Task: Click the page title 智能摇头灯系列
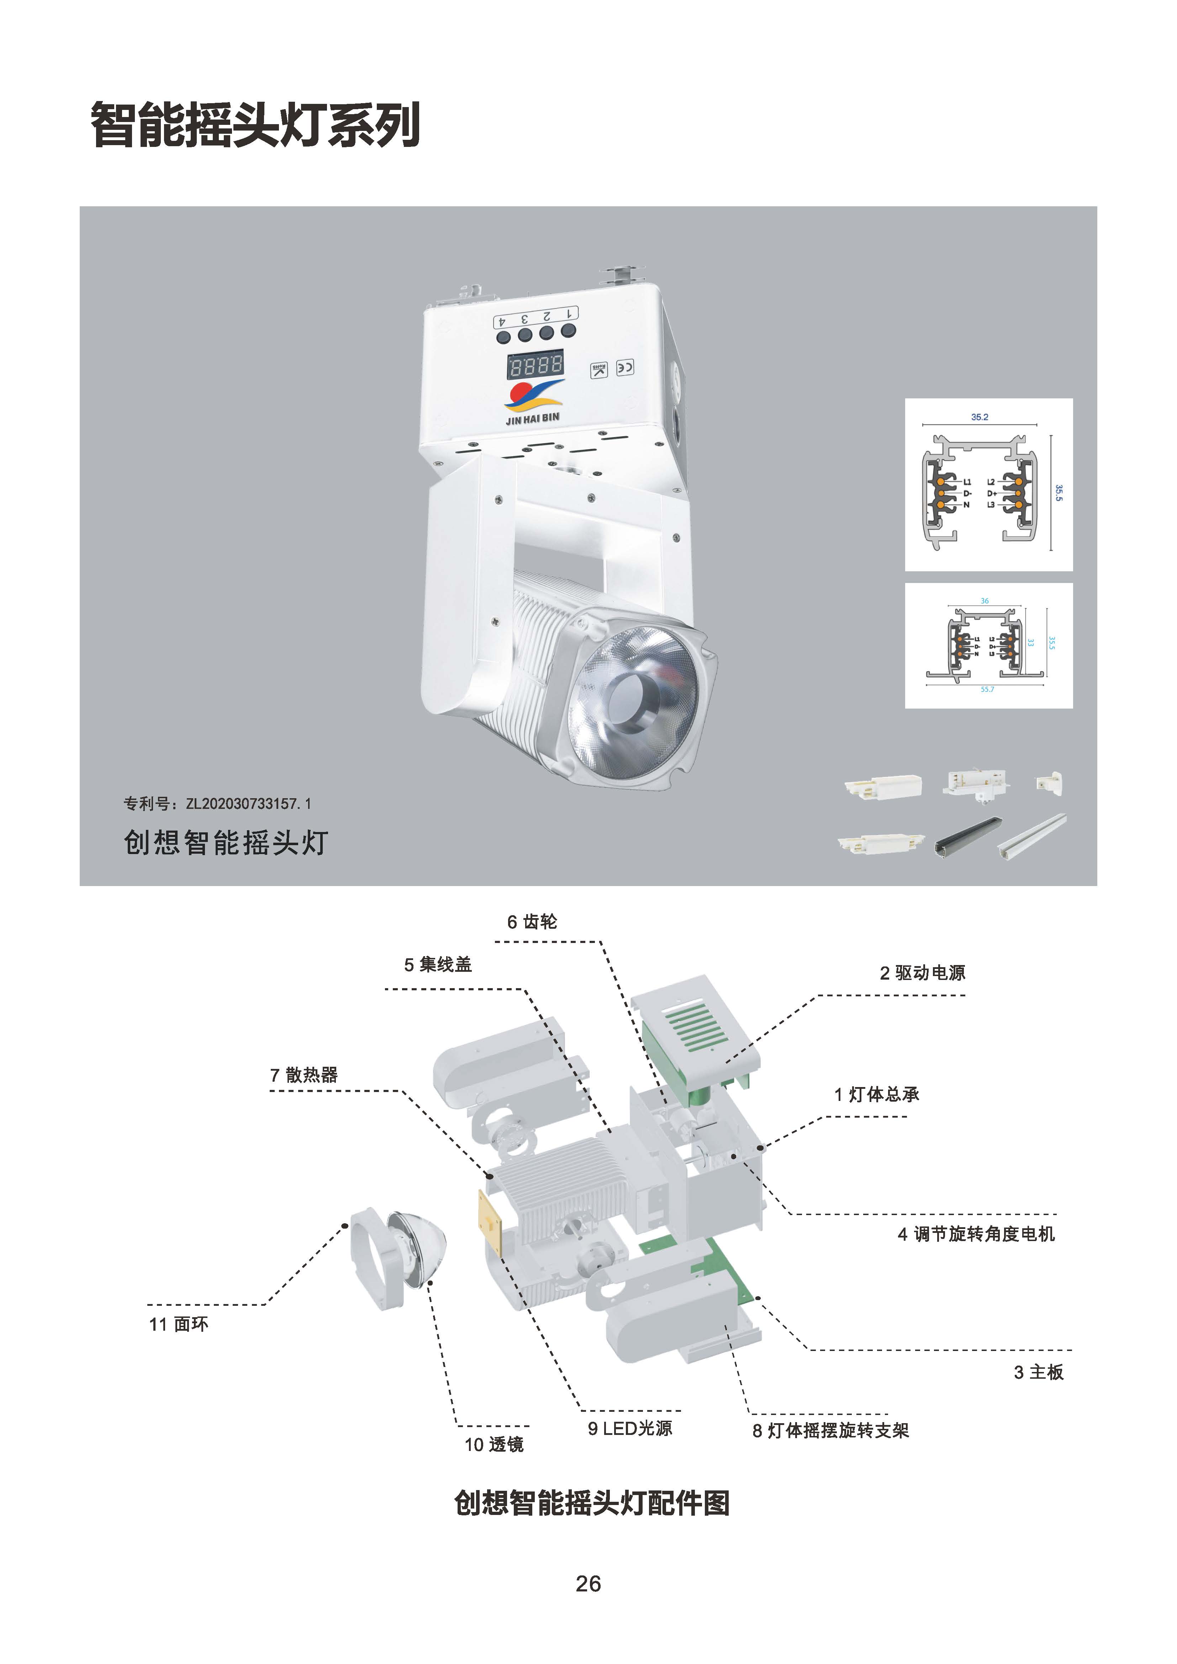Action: [x=255, y=125]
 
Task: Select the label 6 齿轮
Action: [x=532, y=922]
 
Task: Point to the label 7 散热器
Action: [x=304, y=1075]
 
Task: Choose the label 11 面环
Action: [x=178, y=1324]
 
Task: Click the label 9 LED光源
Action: [x=630, y=1429]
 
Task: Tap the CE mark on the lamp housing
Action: [x=625, y=367]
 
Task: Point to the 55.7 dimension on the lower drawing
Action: [x=987, y=689]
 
